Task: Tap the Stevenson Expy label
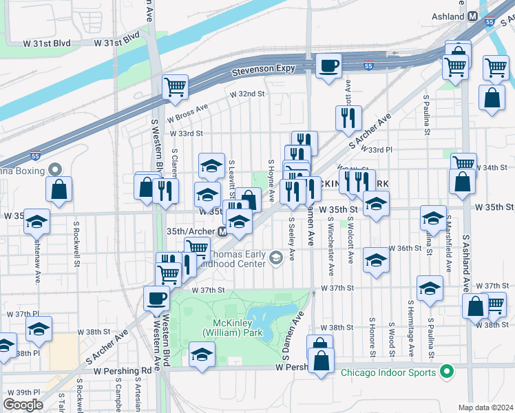pyautogui.click(x=263, y=69)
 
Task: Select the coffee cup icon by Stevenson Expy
pyautogui.click(x=328, y=65)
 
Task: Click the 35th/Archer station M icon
pyautogui.click(x=222, y=232)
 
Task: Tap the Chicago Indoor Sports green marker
pyautogui.click(x=446, y=372)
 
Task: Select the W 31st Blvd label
pyautogui.click(x=47, y=42)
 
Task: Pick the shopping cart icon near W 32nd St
pyautogui.click(x=176, y=87)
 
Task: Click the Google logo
pyautogui.click(x=23, y=404)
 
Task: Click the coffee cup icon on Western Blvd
pyautogui.click(x=156, y=298)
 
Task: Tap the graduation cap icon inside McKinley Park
pyautogui.click(x=202, y=354)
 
